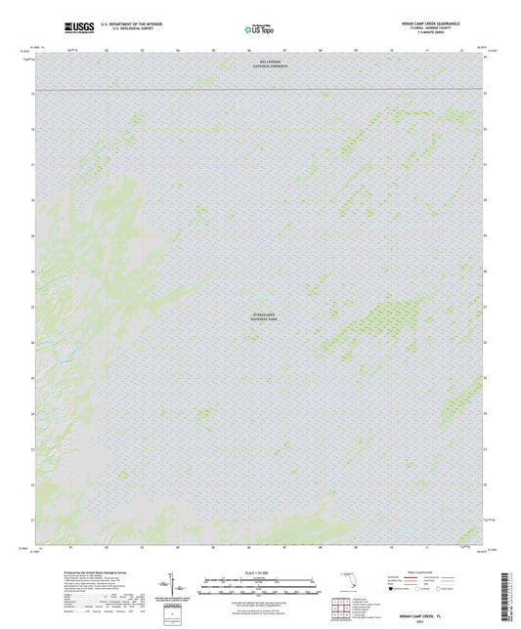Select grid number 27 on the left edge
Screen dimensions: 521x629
click(x=33, y=308)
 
